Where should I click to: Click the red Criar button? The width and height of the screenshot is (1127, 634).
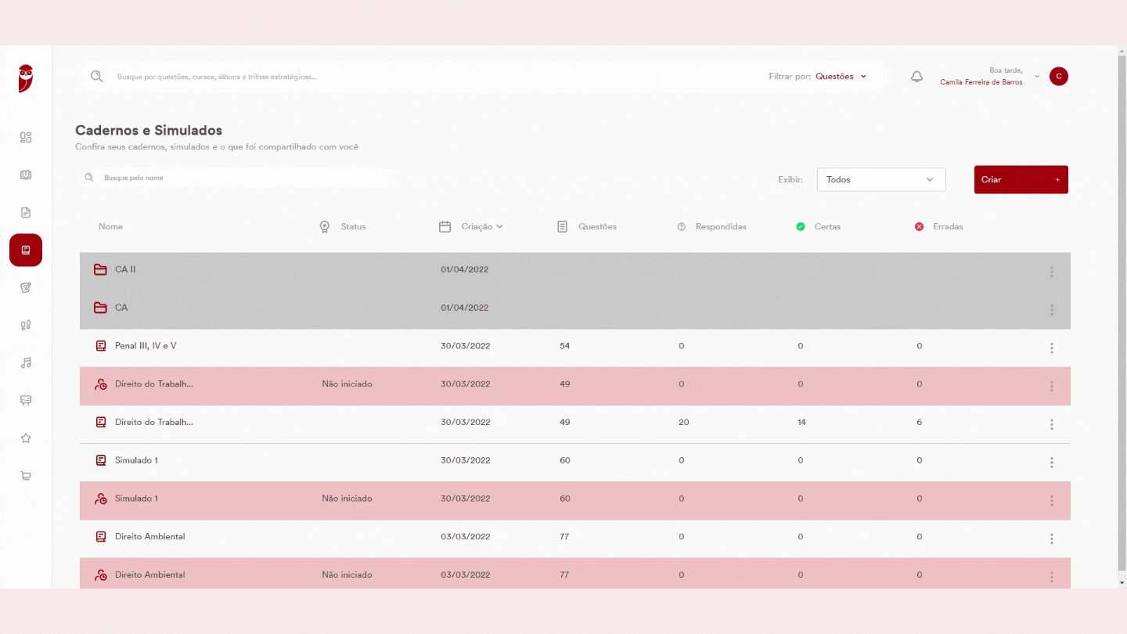pyautogui.click(x=1021, y=180)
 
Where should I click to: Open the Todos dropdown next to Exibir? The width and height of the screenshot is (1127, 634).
pyautogui.click(x=881, y=180)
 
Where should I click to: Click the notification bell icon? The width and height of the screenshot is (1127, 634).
pyautogui.click(x=916, y=77)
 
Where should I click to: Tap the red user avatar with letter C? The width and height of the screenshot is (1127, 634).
pyautogui.click(x=1059, y=77)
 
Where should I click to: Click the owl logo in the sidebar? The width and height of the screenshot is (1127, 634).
pyautogui.click(x=26, y=78)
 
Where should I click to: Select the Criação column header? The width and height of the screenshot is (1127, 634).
pyautogui.click(x=481, y=226)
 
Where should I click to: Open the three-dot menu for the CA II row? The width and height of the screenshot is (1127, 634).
pyautogui.click(x=1052, y=272)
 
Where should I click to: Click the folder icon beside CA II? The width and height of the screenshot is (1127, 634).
pyautogui.click(x=100, y=270)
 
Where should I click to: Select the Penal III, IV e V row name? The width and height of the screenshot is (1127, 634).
pyautogui.click(x=146, y=346)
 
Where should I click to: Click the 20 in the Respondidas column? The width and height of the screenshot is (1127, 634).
pyautogui.click(x=684, y=422)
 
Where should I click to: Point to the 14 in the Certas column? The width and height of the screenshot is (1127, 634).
pyautogui.click(x=801, y=422)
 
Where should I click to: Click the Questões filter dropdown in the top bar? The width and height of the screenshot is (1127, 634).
pyautogui.click(x=841, y=77)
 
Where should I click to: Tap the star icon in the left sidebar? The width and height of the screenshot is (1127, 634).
pyautogui.click(x=26, y=438)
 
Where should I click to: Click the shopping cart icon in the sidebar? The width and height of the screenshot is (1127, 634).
pyautogui.click(x=26, y=476)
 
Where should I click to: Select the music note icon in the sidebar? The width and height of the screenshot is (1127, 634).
pyautogui.click(x=26, y=363)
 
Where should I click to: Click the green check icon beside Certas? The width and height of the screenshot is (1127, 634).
pyautogui.click(x=801, y=226)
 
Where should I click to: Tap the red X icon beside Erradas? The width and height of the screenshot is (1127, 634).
pyautogui.click(x=919, y=226)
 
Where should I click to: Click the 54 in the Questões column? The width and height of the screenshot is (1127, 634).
pyautogui.click(x=564, y=346)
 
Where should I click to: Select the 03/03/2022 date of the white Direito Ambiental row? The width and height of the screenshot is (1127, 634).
pyautogui.click(x=466, y=536)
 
